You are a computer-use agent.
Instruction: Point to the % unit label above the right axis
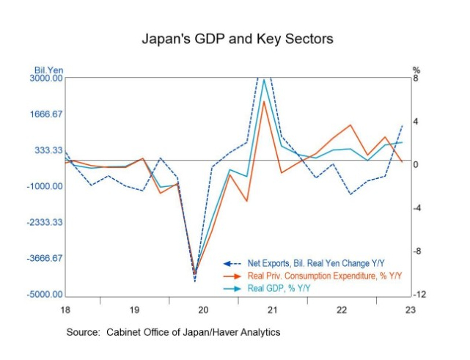coord(416,70)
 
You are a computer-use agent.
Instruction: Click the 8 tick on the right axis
coord(416,78)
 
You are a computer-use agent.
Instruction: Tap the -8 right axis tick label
coord(416,251)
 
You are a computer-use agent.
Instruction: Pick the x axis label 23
coord(411,310)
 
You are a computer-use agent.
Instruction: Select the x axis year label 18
coord(66,310)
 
